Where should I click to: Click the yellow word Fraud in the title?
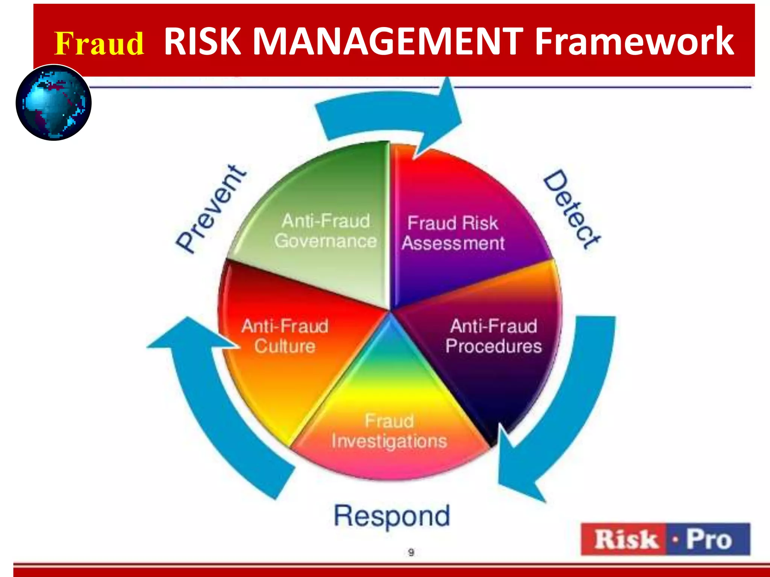click(x=99, y=44)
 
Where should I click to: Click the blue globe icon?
click(x=54, y=103)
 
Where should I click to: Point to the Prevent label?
click(x=212, y=209)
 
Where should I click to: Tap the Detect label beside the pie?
click(x=572, y=209)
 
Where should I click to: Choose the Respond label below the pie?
click(x=392, y=516)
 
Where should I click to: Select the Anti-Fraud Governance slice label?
click(x=326, y=231)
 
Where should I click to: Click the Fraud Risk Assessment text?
click(x=453, y=233)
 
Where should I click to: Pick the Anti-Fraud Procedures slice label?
click(x=494, y=336)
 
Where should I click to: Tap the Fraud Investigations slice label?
click(x=389, y=431)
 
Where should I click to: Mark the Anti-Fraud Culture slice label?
click(x=285, y=336)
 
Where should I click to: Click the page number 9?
click(x=411, y=552)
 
